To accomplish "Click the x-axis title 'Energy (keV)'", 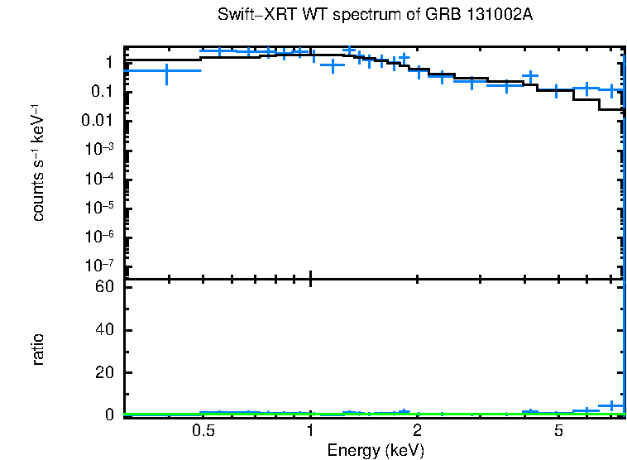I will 375,450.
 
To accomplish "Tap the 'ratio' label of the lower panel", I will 38,349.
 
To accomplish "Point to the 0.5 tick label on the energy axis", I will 203,431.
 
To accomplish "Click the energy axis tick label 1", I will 310,431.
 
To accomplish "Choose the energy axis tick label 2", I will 418,431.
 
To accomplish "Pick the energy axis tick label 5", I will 559,431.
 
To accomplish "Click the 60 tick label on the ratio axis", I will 103,287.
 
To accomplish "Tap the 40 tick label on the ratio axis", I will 103,330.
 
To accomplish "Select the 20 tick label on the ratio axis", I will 103,372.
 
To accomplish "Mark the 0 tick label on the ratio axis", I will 108,414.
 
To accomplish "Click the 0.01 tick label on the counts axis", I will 97,121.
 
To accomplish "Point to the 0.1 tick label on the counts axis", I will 101,92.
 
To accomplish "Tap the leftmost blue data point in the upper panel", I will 167,72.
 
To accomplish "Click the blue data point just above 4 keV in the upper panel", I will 530,76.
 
